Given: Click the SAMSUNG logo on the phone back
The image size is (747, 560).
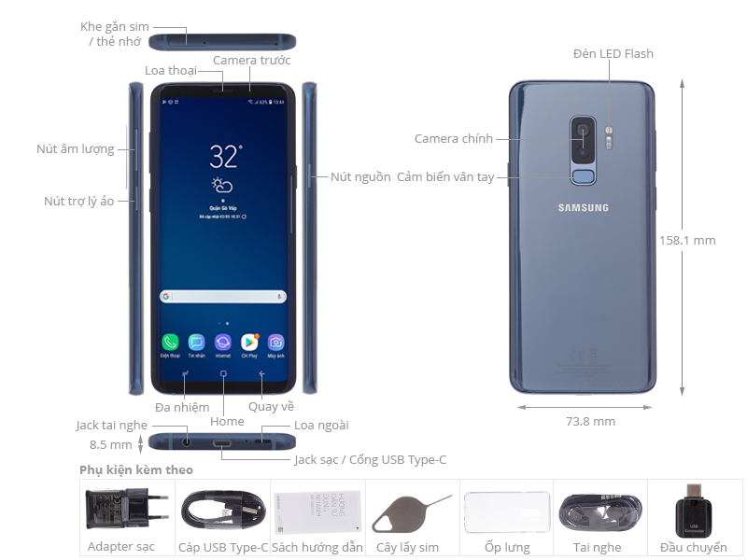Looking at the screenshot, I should [584, 207].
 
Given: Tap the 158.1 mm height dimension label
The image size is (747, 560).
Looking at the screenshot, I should [687, 240].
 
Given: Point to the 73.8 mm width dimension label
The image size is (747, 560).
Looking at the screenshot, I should [590, 422].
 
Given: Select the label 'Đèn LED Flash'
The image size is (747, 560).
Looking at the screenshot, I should [613, 54].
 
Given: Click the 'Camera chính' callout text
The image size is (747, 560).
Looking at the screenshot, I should [453, 139].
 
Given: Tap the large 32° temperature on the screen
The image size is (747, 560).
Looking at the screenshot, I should [225, 155].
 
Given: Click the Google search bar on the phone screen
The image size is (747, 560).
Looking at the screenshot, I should [223, 297].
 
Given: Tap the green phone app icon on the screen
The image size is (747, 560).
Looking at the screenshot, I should [170, 343].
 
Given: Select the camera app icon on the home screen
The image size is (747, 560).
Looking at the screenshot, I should [276, 343].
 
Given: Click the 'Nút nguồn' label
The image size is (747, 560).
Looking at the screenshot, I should [360, 177].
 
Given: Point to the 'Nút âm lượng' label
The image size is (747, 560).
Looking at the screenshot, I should [75, 148].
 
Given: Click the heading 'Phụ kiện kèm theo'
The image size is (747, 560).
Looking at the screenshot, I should [136, 469].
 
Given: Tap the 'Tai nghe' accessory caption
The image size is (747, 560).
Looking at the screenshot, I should [599, 548].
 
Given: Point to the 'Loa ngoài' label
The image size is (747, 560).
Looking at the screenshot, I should [320, 426].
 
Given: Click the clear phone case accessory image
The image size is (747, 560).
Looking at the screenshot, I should [505, 512].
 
